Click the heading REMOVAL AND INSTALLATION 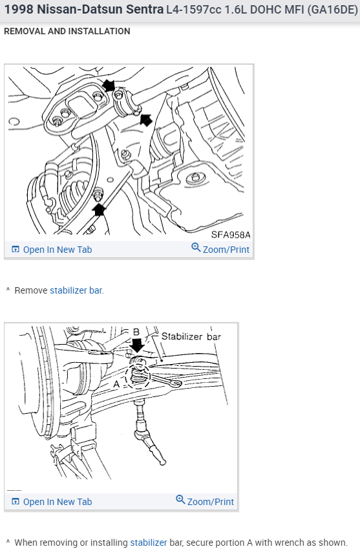tap(67, 31)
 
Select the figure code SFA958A tap(231, 235)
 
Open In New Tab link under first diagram tap(52, 250)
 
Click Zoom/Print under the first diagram tap(220, 249)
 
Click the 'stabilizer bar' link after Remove tap(76, 290)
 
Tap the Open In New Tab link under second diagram tap(52, 501)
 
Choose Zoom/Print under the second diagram tap(205, 501)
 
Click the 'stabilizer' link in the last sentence tap(149, 543)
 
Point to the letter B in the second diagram tap(136, 332)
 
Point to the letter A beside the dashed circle tap(116, 384)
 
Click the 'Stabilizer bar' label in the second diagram tap(191, 336)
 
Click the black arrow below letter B tap(136, 345)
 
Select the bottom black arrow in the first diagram tap(99, 210)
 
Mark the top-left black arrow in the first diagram tap(109, 85)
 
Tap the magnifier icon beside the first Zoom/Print tap(196, 247)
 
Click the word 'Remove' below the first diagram tap(30, 290)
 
